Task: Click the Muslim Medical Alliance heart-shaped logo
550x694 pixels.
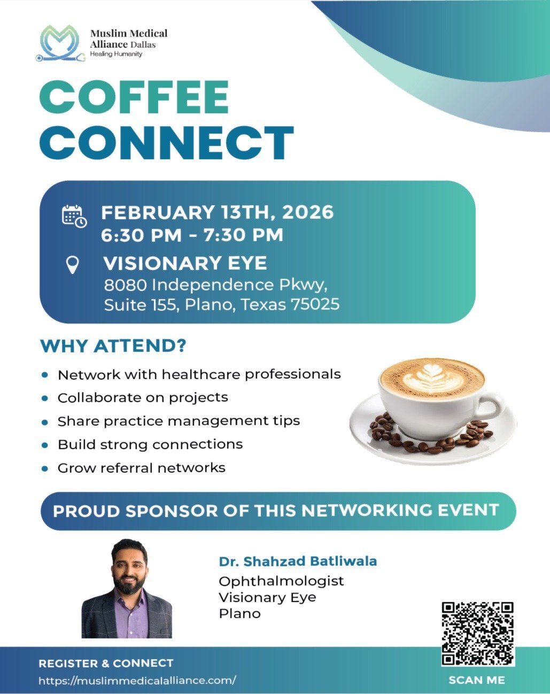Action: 60,43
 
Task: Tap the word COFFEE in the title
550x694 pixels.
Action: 134,97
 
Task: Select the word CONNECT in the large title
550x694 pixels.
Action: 167,142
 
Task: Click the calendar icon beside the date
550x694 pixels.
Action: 74,217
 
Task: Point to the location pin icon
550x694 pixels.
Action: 73,265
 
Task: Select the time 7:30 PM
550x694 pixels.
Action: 243,234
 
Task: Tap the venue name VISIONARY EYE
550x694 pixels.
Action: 185,263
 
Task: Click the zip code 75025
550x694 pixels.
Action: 315,304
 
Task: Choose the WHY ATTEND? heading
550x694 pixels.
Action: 113,346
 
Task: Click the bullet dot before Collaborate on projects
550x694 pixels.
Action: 45,398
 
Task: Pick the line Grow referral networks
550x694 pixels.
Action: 141,468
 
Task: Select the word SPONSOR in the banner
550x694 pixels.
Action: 172,511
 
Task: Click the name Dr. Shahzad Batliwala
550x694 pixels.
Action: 298,561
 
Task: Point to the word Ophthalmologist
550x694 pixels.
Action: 281,581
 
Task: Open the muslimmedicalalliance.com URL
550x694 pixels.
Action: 137,681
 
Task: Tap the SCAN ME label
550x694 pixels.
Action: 477,680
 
